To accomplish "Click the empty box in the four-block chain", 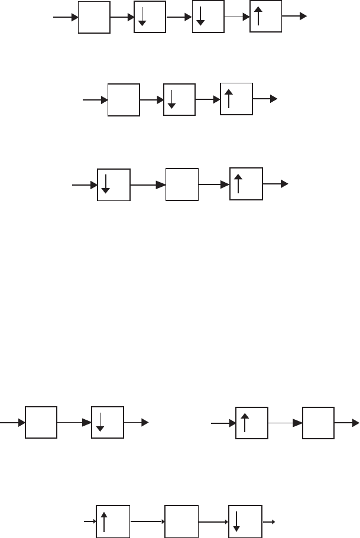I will click(x=94, y=17).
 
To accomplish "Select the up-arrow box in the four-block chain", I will click(x=266, y=17).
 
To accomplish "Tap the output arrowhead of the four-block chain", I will click(x=304, y=17).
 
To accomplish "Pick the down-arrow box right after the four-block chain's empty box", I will click(x=150, y=17).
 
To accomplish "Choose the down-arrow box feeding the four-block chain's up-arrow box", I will click(x=208, y=17).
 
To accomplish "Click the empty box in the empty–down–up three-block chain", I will click(x=124, y=100).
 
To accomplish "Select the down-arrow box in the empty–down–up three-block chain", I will click(x=179, y=100).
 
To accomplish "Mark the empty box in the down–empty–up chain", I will click(x=182, y=184).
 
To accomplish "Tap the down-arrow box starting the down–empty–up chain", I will click(x=113, y=184).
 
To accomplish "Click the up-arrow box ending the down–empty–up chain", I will click(x=246, y=184).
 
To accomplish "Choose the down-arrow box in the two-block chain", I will click(x=108, y=422).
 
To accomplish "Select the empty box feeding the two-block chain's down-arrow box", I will click(x=41, y=422).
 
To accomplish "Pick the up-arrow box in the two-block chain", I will click(x=252, y=422).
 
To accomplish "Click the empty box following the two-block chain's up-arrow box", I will click(x=318, y=422).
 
